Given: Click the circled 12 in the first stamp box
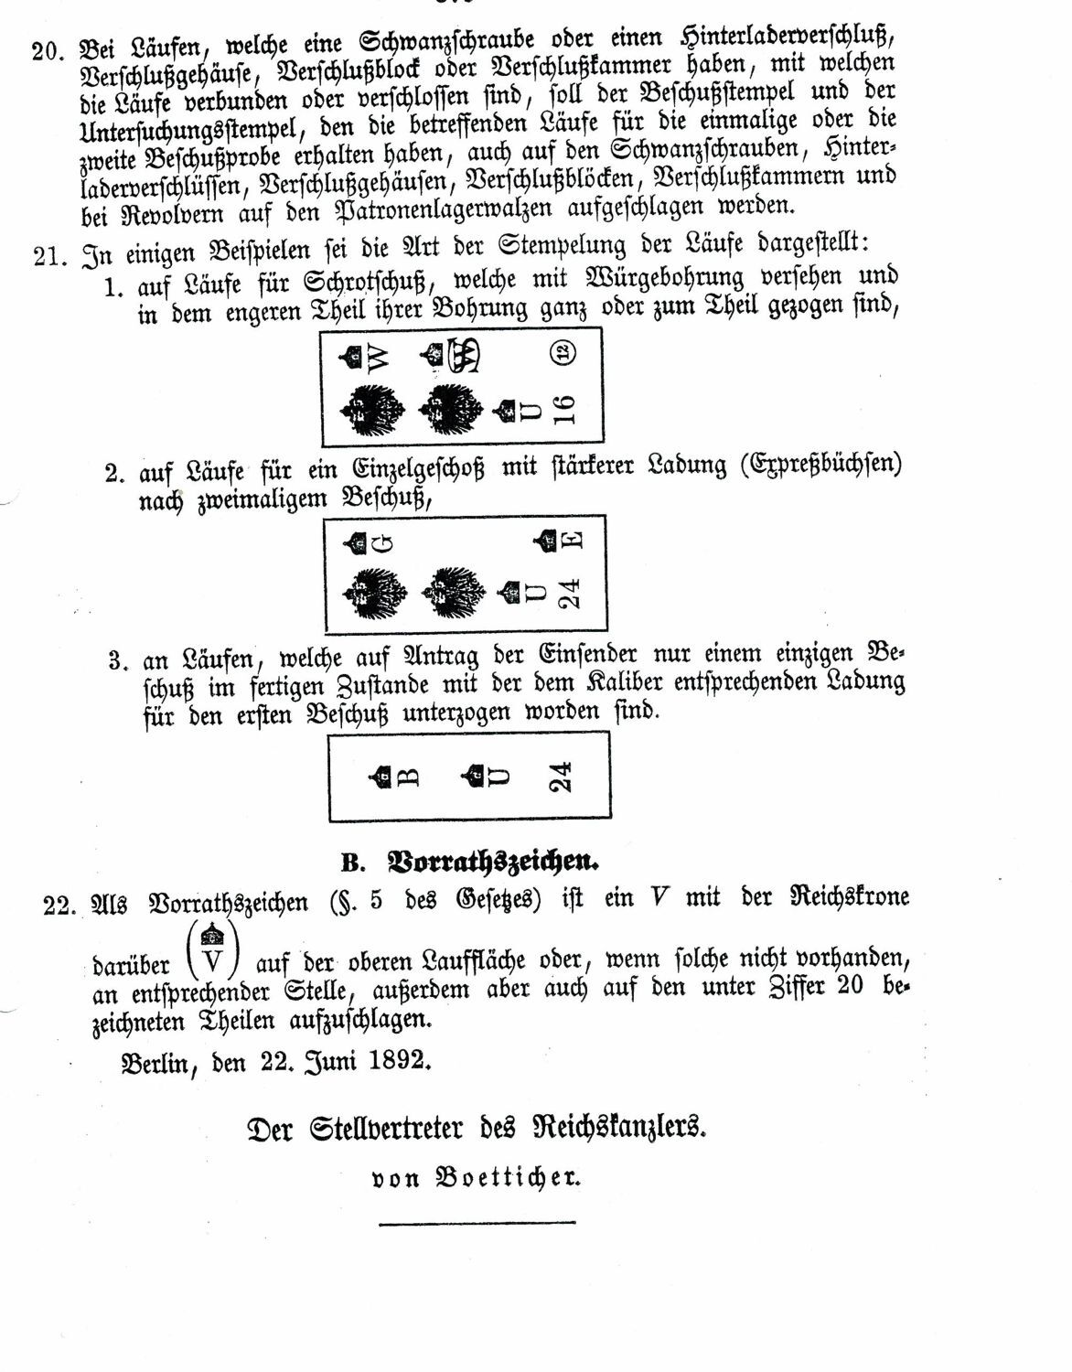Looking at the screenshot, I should [564, 350].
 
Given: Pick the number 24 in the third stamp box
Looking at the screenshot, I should [563, 777].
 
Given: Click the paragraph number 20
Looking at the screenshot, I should [45, 49].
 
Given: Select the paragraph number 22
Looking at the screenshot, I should [59, 903].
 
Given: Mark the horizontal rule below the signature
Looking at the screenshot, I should [477, 1221].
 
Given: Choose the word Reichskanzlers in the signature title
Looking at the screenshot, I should [620, 1128].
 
